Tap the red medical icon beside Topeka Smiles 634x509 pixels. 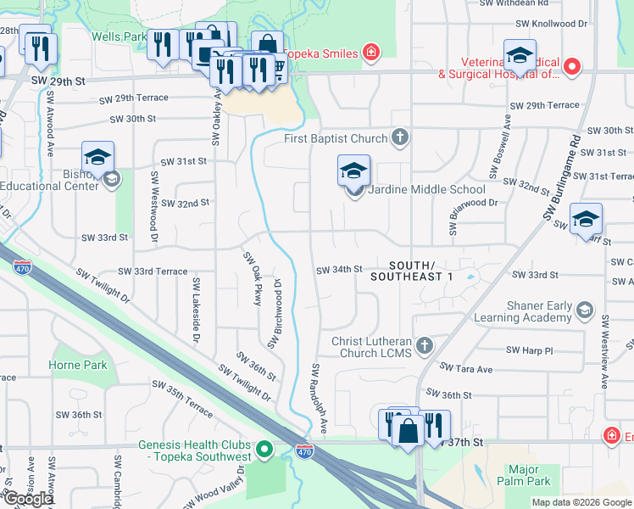pyautogui.click(x=370, y=53)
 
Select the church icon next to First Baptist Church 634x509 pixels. pyautogui.click(x=402, y=137)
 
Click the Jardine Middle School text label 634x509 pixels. pyautogui.click(x=429, y=189)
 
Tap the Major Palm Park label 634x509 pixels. pyautogui.click(x=530, y=475)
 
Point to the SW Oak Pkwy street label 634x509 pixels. pyautogui.click(x=252, y=278)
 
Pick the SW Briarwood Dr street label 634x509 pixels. pyautogui.click(x=468, y=204)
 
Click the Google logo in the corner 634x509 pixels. pyautogui.click(x=28, y=500)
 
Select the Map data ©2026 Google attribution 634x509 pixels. pyautogui.click(x=581, y=502)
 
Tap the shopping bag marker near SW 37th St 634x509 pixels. pyautogui.click(x=408, y=430)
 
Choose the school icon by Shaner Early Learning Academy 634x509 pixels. pyautogui.click(x=584, y=311)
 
